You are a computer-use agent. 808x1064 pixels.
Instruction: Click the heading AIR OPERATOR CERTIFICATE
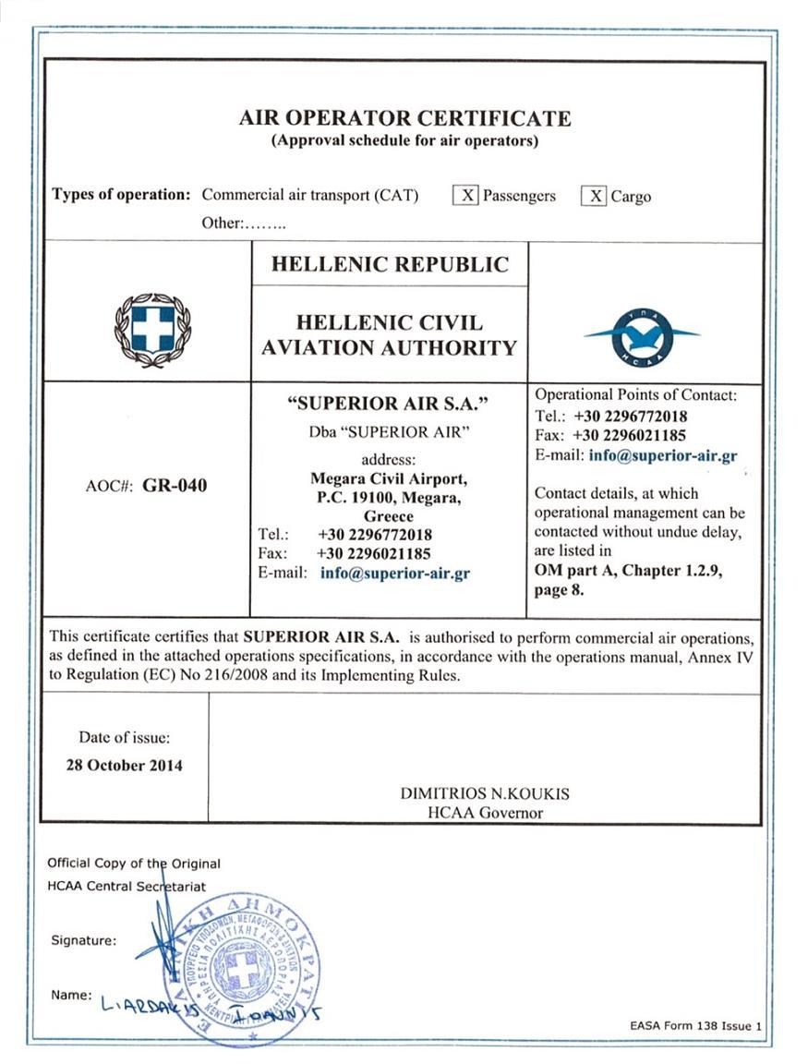404,118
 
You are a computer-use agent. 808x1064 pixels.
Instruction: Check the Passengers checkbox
468,196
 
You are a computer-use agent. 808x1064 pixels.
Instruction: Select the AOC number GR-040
175,486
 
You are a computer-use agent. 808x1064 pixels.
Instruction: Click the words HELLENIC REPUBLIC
390,264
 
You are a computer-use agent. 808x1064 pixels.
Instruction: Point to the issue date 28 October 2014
124,765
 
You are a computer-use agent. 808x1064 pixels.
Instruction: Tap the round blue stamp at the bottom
243,970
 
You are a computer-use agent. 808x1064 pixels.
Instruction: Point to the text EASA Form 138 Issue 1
697,1026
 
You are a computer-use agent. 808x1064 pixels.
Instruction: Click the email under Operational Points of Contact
662,455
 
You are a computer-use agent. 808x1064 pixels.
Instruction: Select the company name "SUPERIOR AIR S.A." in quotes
388,403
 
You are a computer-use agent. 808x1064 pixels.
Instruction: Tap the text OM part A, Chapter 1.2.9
628,571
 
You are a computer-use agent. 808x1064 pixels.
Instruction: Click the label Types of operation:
121,195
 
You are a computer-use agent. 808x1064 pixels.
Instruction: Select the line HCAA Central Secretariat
127,887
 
